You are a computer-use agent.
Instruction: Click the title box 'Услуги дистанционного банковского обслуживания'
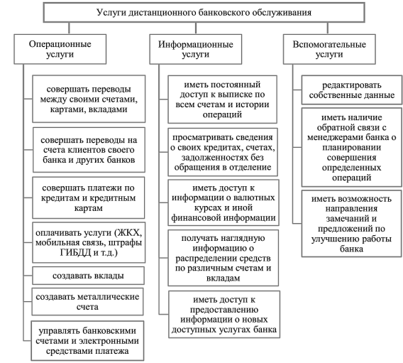(x=204, y=12)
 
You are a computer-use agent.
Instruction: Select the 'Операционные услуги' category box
(x=60, y=49)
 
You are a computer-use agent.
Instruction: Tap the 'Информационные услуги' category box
(x=196, y=49)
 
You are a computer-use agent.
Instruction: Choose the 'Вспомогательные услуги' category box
(x=329, y=49)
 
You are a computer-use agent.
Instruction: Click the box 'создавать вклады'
(x=88, y=276)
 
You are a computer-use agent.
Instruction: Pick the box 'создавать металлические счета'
(x=87, y=301)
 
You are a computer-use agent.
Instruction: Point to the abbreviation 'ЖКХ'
(x=129, y=232)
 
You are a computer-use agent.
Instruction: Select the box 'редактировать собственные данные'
(x=352, y=90)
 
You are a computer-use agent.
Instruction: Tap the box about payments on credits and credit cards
(x=89, y=197)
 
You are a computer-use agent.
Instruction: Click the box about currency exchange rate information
(x=223, y=202)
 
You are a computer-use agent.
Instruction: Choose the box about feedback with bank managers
(x=352, y=147)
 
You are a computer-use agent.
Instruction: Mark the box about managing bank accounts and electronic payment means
(x=87, y=340)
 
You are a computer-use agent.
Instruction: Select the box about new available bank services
(x=224, y=315)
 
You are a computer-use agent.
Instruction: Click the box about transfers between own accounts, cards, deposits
(x=89, y=99)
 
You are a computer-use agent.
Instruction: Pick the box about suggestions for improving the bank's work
(x=352, y=224)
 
